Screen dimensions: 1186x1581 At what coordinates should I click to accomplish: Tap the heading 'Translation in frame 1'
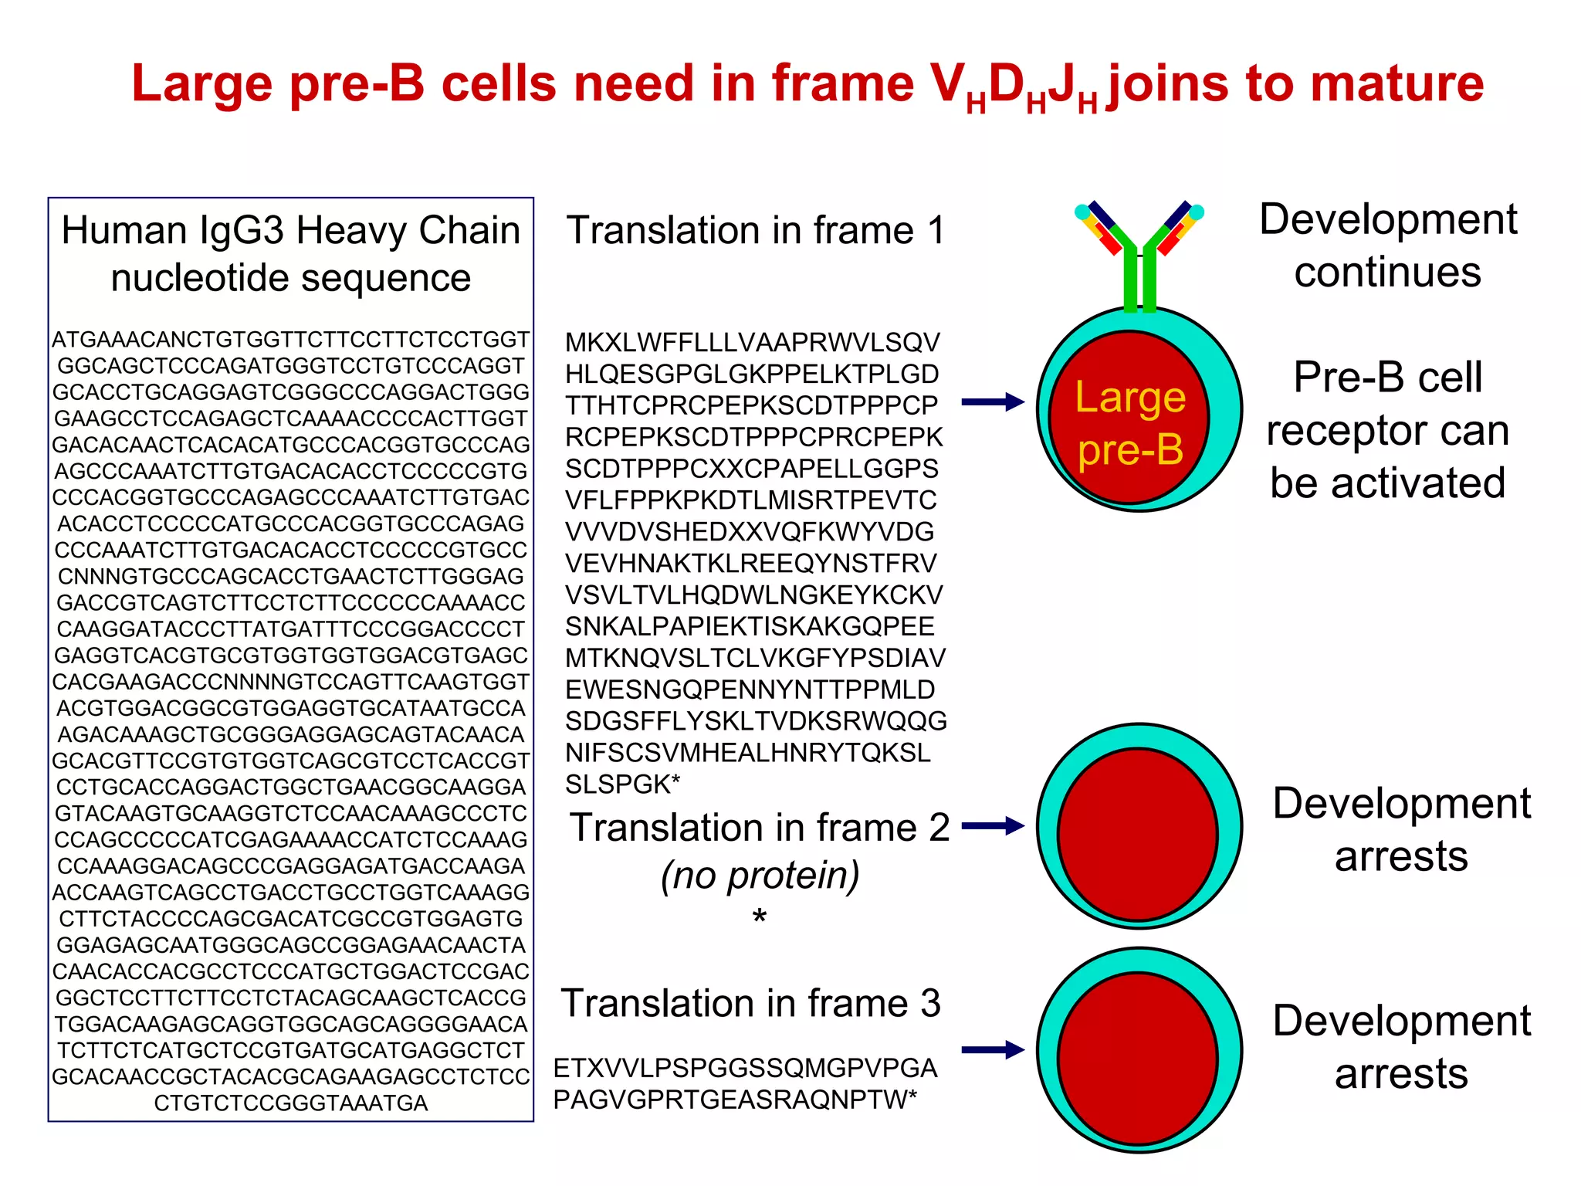click(755, 231)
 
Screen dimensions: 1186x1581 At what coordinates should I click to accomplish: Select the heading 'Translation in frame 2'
click(760, 828)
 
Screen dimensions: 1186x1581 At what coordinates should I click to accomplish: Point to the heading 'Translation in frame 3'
click(750, 1004)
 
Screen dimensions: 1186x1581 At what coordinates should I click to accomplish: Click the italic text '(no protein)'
click(760, 876)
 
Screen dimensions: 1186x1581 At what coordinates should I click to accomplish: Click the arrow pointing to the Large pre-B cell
click(993, 402)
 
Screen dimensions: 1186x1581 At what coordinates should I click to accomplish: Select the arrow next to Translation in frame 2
click(993, 826)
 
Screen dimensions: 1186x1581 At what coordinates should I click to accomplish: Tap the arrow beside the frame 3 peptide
click(993, 1050)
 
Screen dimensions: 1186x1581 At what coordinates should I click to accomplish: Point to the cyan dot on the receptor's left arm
click(1082, 211)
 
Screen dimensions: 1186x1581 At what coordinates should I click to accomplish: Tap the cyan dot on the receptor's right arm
click(1197, 211)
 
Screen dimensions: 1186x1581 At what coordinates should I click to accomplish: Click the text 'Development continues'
click(1387, 246)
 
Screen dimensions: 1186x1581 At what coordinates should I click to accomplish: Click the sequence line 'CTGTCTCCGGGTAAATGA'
click(291, 1103)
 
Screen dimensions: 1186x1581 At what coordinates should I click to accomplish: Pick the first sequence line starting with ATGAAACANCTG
click(291, 340)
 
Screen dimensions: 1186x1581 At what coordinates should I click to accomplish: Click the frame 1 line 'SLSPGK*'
click(622, 784)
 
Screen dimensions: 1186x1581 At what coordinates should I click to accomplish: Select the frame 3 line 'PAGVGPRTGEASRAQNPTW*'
click(735, 1100)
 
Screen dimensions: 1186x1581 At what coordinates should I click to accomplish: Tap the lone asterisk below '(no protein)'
click(760, 917)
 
